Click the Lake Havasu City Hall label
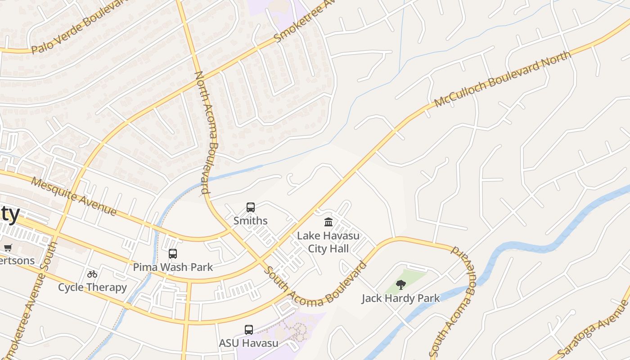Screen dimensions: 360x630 (328, 242)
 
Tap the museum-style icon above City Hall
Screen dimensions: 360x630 (328, 222)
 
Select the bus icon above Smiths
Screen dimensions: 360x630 (251, 207)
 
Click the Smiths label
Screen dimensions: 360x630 (251, 221)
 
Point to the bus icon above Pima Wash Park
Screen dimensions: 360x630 (173, 254)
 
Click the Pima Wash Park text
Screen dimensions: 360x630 (173, 267)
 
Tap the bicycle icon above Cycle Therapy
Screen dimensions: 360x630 (92, 274)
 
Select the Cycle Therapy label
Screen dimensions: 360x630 (92, 287)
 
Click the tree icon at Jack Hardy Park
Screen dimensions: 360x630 (400, 284)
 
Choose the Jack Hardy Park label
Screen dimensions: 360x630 (400, 298)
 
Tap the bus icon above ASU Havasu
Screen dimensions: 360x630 (249, 329)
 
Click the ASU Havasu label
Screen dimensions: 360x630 (249, 343)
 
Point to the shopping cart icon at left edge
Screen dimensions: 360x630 (8, 247)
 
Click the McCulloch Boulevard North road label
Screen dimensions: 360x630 (503, 79)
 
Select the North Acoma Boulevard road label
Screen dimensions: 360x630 (207, 133)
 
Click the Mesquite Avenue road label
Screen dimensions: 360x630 (74, 197)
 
